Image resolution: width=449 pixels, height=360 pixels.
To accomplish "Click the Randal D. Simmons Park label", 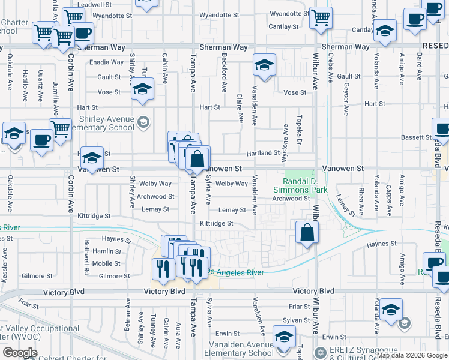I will tap(306, 185).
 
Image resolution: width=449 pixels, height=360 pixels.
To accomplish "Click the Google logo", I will tap(20, 353).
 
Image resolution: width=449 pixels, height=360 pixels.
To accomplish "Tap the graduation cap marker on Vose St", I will tap(142, 90).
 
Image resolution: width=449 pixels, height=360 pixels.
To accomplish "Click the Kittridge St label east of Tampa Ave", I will tap(216, 223).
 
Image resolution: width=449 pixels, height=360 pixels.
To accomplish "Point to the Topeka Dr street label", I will tap(298, 125).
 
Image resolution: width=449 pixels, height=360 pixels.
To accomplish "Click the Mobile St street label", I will tap(106, 263).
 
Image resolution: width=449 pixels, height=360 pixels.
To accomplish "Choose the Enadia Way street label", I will tap(106, 62).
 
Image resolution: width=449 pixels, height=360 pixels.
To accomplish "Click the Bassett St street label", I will tap(413, 137).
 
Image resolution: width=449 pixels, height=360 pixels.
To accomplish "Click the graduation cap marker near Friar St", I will tap(390, 310).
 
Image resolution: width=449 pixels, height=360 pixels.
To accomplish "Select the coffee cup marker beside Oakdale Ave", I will tap(41, 140).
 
